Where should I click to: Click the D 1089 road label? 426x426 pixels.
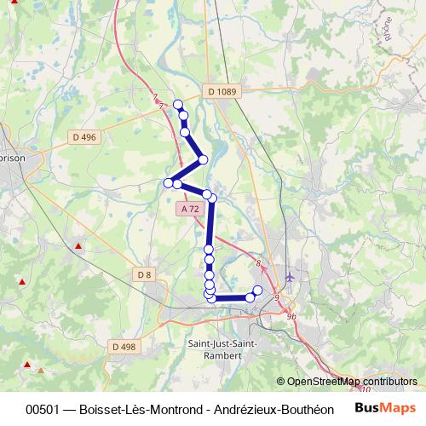click(x=221, y=91)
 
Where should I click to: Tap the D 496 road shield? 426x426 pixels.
click(x=83, y=136)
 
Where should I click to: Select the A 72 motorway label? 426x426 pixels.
click(x=190, y=209)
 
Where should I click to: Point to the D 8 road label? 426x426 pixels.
click(x=143, y=273)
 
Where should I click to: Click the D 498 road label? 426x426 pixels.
click(x=123, y=346)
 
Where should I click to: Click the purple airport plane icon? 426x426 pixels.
click(x=291, y=277)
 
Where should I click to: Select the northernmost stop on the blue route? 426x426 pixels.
click(x=178, y=105)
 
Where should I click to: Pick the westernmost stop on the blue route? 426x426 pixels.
click(x=169, y=183)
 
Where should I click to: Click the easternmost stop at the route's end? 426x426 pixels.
click(x=257, y=291)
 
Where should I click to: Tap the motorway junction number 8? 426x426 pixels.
click(x=257, y=263)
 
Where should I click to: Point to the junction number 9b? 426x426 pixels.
click(x=291, y=316)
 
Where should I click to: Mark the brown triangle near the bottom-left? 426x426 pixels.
click(x=40, y=371)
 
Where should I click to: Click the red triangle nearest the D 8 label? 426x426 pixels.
click(x=79, y=246)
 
